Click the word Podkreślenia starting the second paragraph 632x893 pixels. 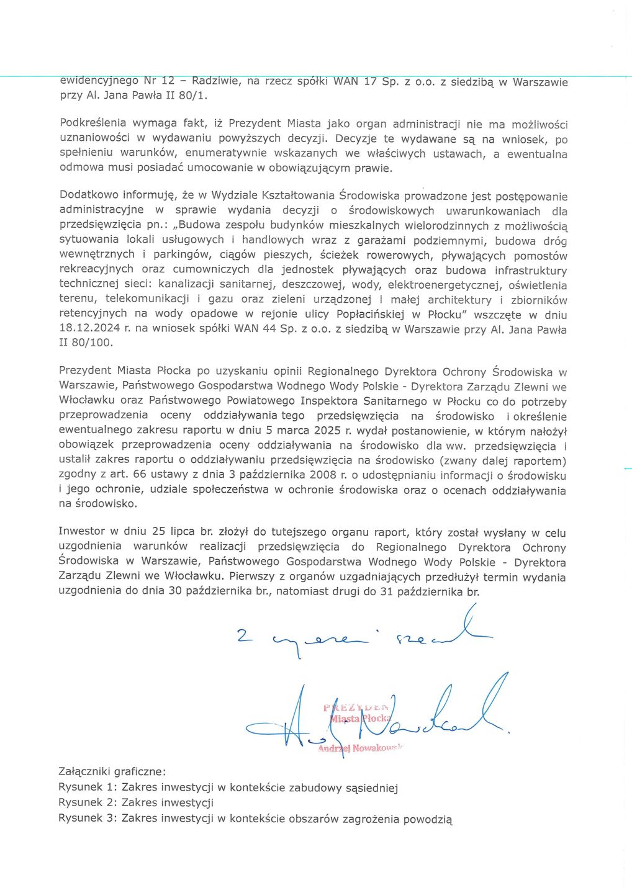coord(93,123)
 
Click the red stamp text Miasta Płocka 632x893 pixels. coord(359,718)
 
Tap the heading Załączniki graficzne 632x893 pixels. coord(112,772)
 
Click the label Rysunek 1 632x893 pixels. coord(88,788)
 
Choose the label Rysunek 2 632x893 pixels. coord(88,802)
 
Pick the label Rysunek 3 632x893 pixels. coord(88,818)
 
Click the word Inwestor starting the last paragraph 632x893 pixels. coord(81,531)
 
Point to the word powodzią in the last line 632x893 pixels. coord(427,819)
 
